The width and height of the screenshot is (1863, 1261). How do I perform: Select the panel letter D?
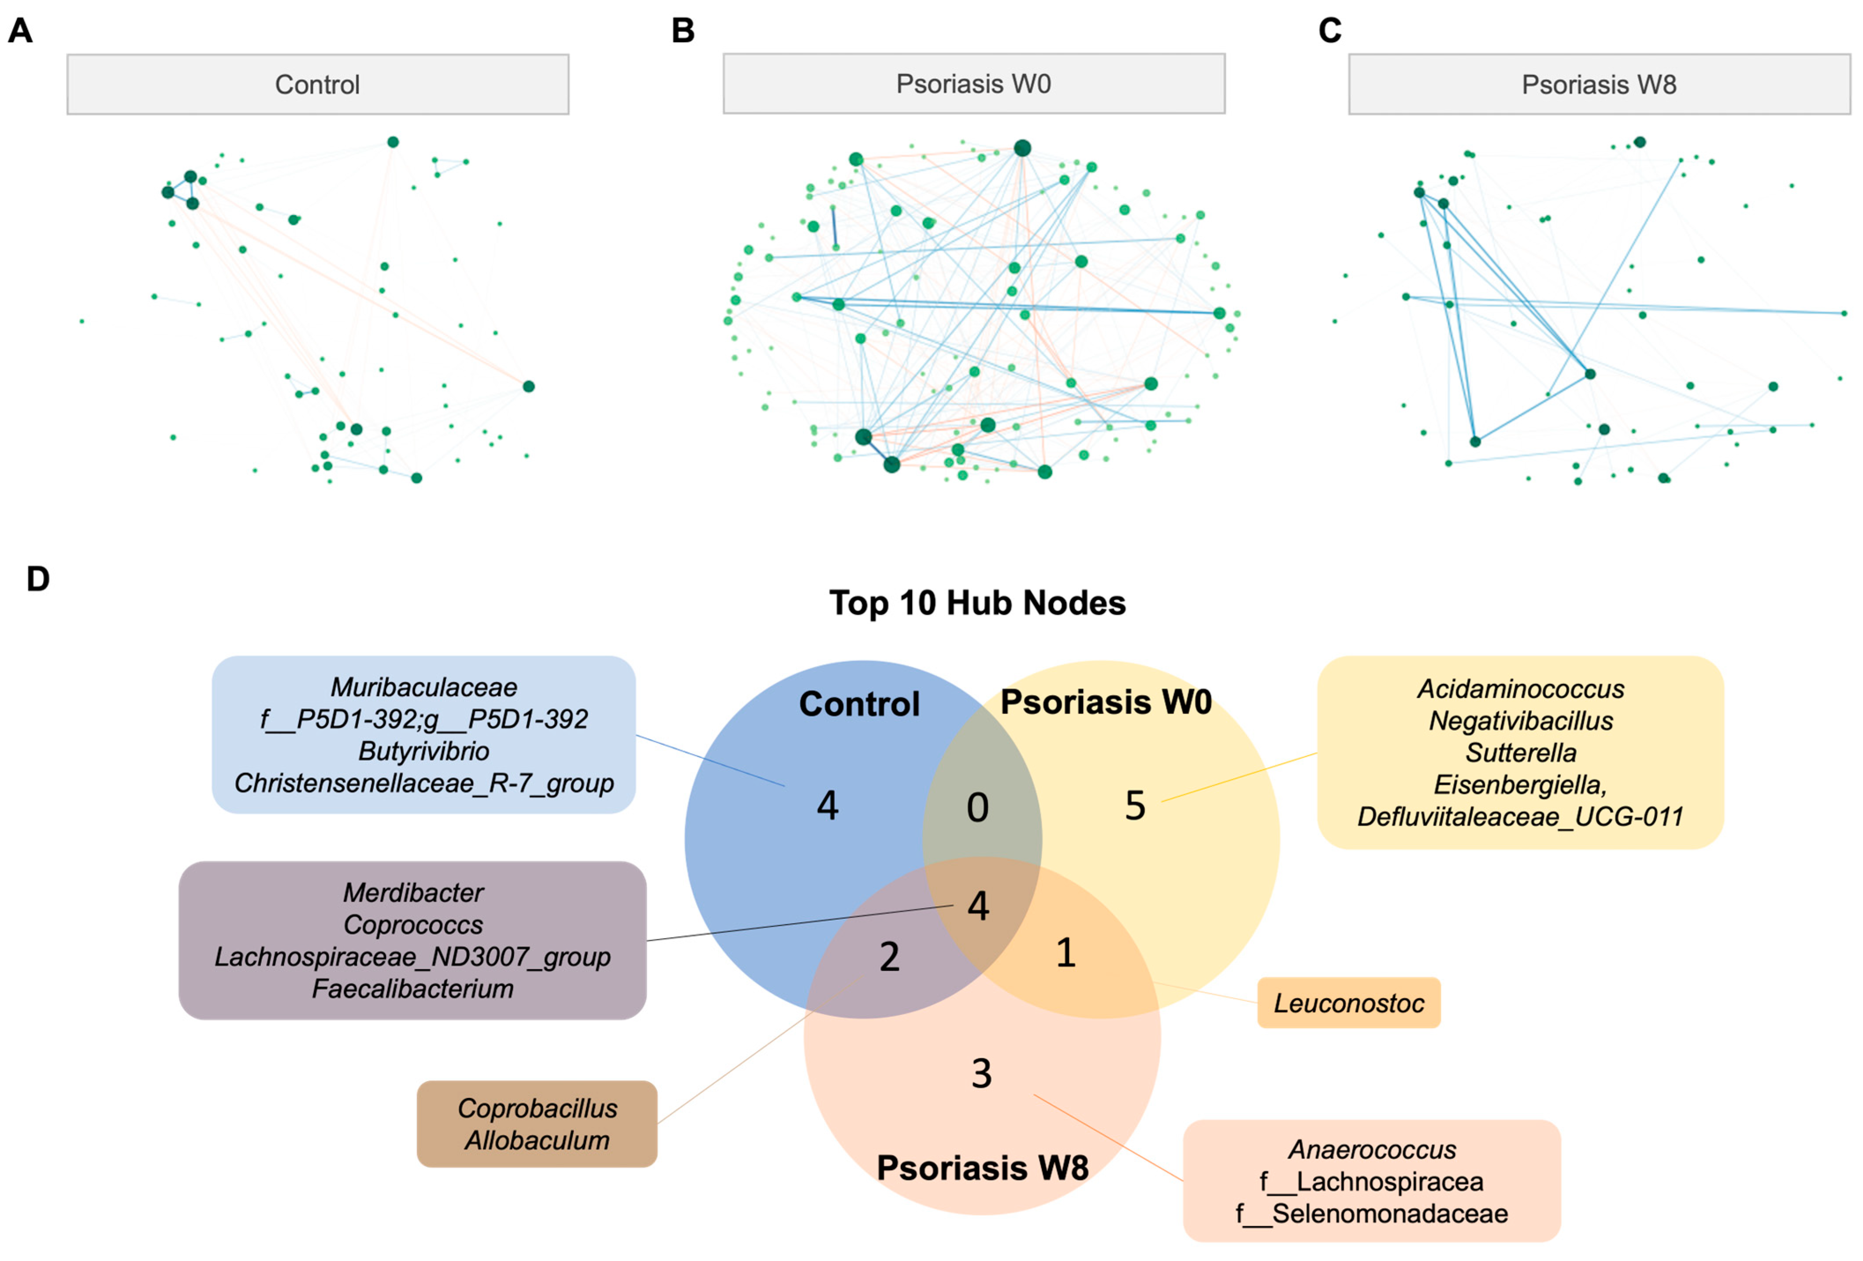point(38,579)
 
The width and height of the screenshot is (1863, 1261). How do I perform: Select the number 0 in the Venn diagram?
point(977,807)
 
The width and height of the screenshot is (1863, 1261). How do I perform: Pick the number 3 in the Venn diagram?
point(981,1073)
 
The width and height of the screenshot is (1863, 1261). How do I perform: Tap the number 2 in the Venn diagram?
point(889,956)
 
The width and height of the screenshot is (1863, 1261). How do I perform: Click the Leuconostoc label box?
point(1348,1003)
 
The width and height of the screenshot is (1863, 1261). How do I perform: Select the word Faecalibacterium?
point(413,989)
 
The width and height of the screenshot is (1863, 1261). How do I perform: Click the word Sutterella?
point(1521,753)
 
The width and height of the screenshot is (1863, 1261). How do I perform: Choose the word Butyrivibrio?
point(423,751)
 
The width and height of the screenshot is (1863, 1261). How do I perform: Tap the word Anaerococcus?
point(1372,1149)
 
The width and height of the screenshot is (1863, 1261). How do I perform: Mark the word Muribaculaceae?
point(423,687)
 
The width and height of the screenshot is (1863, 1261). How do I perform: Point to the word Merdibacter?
point(413,892)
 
